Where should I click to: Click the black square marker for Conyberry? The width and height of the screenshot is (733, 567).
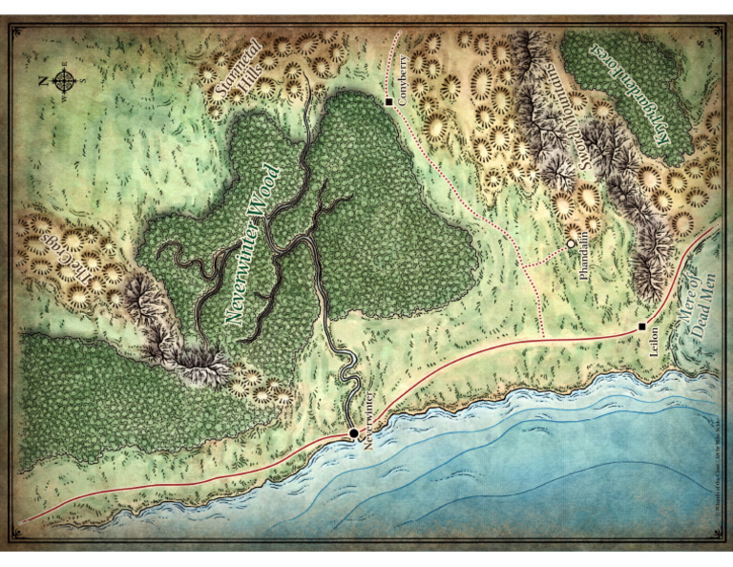[x=388, y=101]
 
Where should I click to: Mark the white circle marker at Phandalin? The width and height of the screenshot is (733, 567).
[x=571, y=244]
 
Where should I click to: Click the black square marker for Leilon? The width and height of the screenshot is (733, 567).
[x=642, y=327]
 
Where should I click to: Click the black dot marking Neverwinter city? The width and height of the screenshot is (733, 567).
[x=353, y=433]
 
